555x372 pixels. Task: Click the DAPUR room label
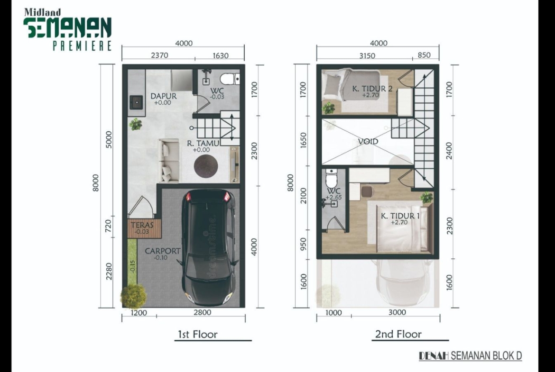163,96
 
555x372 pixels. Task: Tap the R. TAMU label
203,143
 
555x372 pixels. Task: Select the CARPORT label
162,251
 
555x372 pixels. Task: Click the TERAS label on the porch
142,225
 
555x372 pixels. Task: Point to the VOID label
368,141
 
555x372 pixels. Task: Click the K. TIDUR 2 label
372,89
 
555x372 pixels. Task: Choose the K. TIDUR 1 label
400,216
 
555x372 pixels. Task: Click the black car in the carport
208,247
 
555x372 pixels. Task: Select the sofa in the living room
169,161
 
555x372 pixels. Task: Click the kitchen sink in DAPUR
136,102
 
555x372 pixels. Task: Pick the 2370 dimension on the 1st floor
159,55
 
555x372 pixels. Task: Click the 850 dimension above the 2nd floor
424,55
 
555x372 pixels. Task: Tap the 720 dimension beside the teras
108,226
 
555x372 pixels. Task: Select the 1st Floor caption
197,334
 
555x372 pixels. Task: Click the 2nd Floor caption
398,334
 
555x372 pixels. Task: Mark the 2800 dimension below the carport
203,312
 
